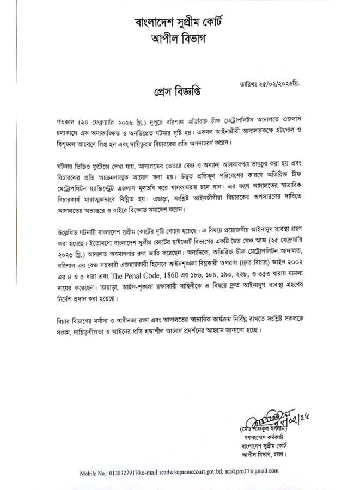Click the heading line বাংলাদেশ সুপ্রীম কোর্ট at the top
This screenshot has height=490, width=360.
click(179, 22)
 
